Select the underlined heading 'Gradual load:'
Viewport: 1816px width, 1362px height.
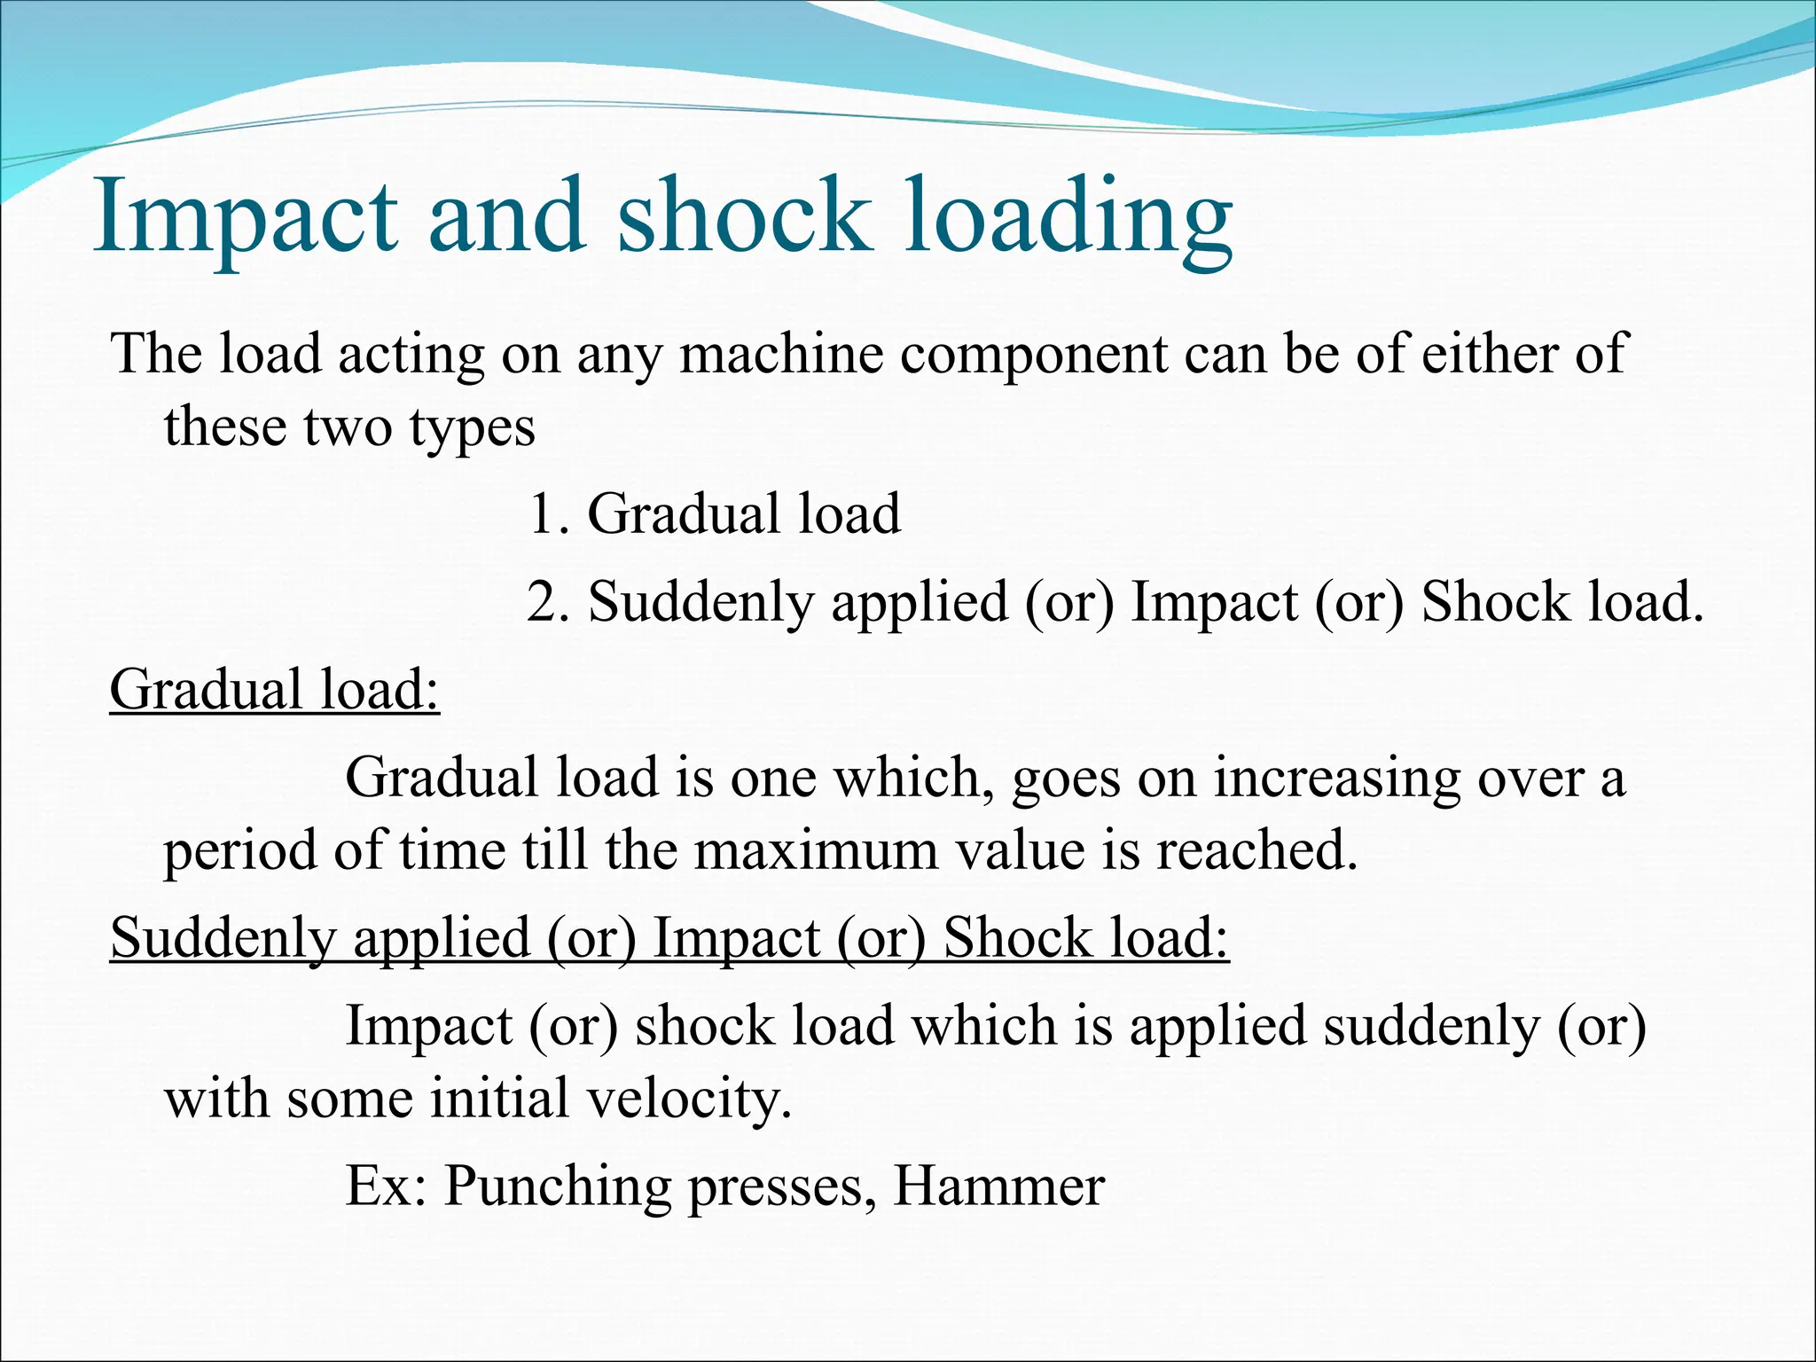(x=275, y=689)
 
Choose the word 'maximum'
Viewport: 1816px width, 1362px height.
(x=815, y=850)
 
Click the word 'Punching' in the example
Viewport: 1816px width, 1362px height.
(x=558, y=1186)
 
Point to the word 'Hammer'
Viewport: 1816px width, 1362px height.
(x=999, y=1186)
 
